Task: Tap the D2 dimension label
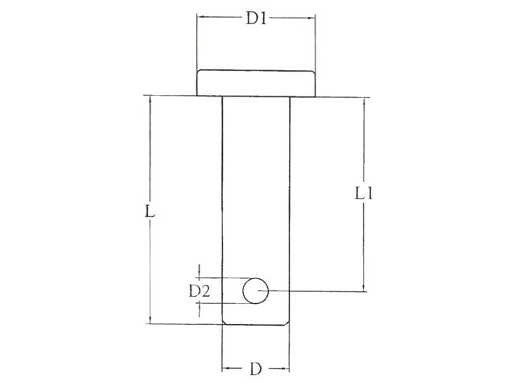200,291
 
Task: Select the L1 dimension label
366,194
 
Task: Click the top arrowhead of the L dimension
150,102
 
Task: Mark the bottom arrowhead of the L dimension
150,319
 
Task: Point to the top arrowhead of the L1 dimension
366,102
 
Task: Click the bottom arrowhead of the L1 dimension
366,286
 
